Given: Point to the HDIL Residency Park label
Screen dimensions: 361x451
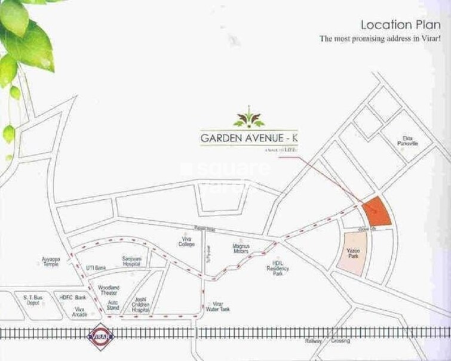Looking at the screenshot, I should click(280, 268).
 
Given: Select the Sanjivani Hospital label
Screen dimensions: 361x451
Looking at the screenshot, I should click(131, 261).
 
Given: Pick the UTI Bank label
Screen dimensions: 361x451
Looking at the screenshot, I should click(96, 267).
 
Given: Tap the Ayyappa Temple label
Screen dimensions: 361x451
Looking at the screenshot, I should click(52, 262).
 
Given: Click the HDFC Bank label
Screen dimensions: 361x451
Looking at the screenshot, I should click(73, 297).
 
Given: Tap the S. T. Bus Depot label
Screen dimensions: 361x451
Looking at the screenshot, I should click(33, 300).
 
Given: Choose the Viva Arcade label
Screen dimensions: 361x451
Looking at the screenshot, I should click(79, 311).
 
